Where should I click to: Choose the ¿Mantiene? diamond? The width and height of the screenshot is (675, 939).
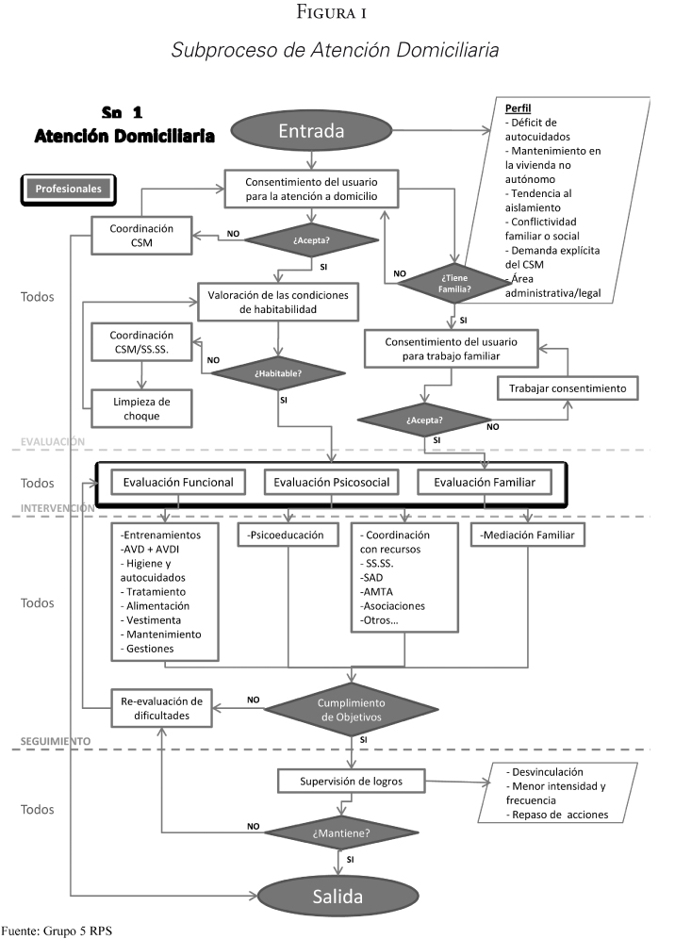click(337, 832)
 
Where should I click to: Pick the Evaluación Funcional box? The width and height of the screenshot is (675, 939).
click(178, 483)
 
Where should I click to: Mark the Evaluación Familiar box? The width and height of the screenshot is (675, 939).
click(485, 483)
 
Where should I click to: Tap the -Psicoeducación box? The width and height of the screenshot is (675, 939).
click(287, 535)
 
